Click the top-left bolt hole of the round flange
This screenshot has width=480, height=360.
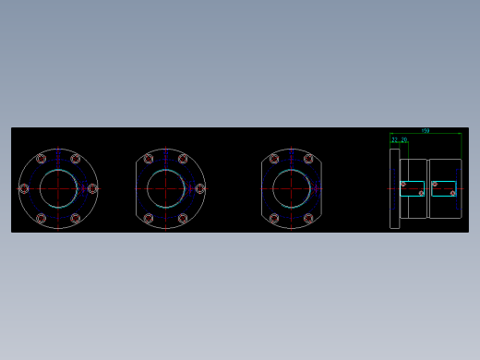click(x=42, y=159)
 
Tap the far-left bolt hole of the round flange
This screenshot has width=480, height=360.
click(x=24, y=188)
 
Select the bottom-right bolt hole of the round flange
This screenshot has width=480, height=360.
click(x=76, y=219)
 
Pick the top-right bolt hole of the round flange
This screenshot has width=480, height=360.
click(x=76, y=159)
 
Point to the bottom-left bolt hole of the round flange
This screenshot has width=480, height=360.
click(x=42, y=219)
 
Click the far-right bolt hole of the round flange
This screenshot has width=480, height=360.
click(x=92, y=188)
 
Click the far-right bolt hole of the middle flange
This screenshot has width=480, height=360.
click(x=199, y=188)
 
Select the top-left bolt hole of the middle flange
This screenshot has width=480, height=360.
click(x=149, y=159)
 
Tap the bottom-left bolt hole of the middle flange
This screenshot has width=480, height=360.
click(x=149, y=219)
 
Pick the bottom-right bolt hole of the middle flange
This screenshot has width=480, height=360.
click(x=183, y=219)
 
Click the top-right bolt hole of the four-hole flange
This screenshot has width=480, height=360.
click(x=308, y=159)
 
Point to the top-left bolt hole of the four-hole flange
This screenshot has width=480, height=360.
click(x=274, y=159)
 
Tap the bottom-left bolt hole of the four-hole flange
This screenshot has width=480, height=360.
click(x=274, y=219)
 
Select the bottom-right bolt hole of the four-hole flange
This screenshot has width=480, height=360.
click(x=308, y=219)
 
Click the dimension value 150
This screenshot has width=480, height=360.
click(x=426, y=131)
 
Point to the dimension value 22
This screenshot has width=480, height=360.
click(x=395, y=140)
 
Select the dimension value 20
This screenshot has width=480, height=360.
click(x=404, y=140)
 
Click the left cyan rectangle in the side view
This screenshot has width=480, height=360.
click(x=412, y=188)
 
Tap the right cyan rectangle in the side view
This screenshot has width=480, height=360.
click(x=444, y=188)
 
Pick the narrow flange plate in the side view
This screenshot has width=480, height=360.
click(x=394, y=188)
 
